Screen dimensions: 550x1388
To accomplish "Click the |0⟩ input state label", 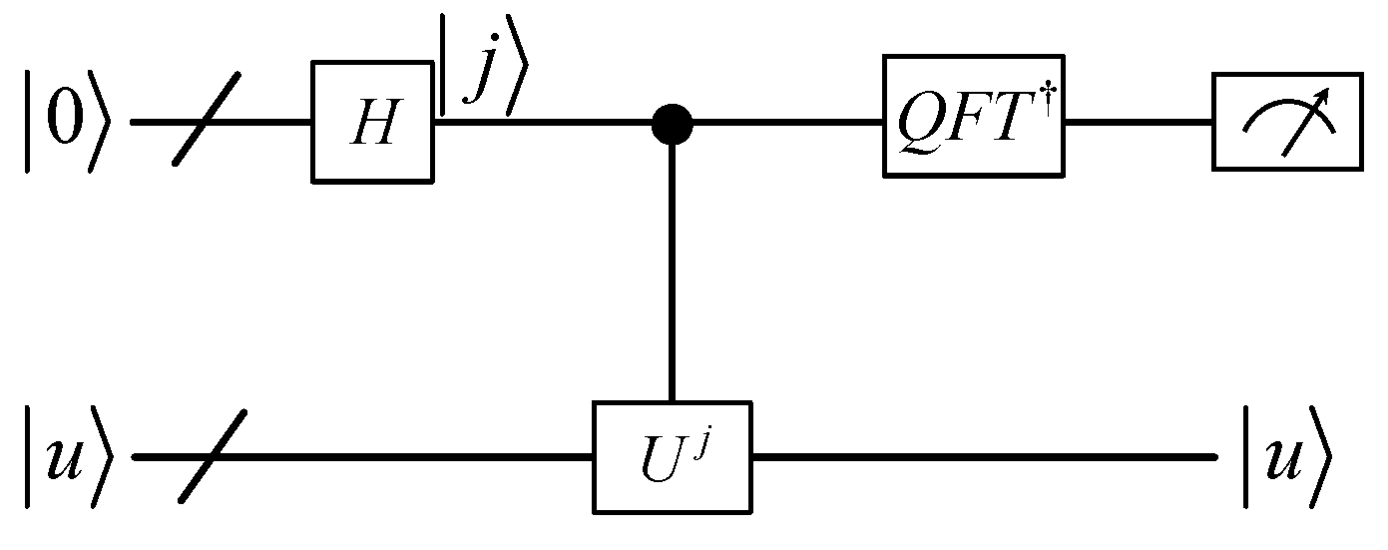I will [x=63, y=123].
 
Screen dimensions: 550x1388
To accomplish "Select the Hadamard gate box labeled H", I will [x=372, y=122].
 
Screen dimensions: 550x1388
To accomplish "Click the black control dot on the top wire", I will [x=672, y=123].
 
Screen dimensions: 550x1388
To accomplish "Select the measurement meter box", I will [x=1286, y=121].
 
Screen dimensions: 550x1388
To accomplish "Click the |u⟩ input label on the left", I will [x=63, y=457].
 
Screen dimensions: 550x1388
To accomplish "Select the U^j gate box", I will [x=672, y=457].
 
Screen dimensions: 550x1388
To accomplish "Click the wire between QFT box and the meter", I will [x=1138, y=123].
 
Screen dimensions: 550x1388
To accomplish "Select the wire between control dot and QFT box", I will [x=788, y=123].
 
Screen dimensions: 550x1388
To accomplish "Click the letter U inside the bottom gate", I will [x=659, y=462].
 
